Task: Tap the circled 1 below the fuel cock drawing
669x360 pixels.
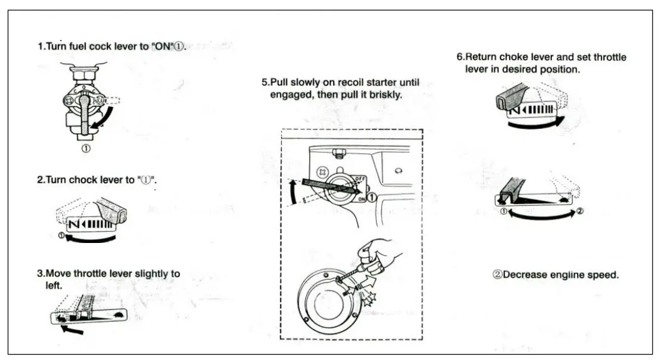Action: tap(87, 149)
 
